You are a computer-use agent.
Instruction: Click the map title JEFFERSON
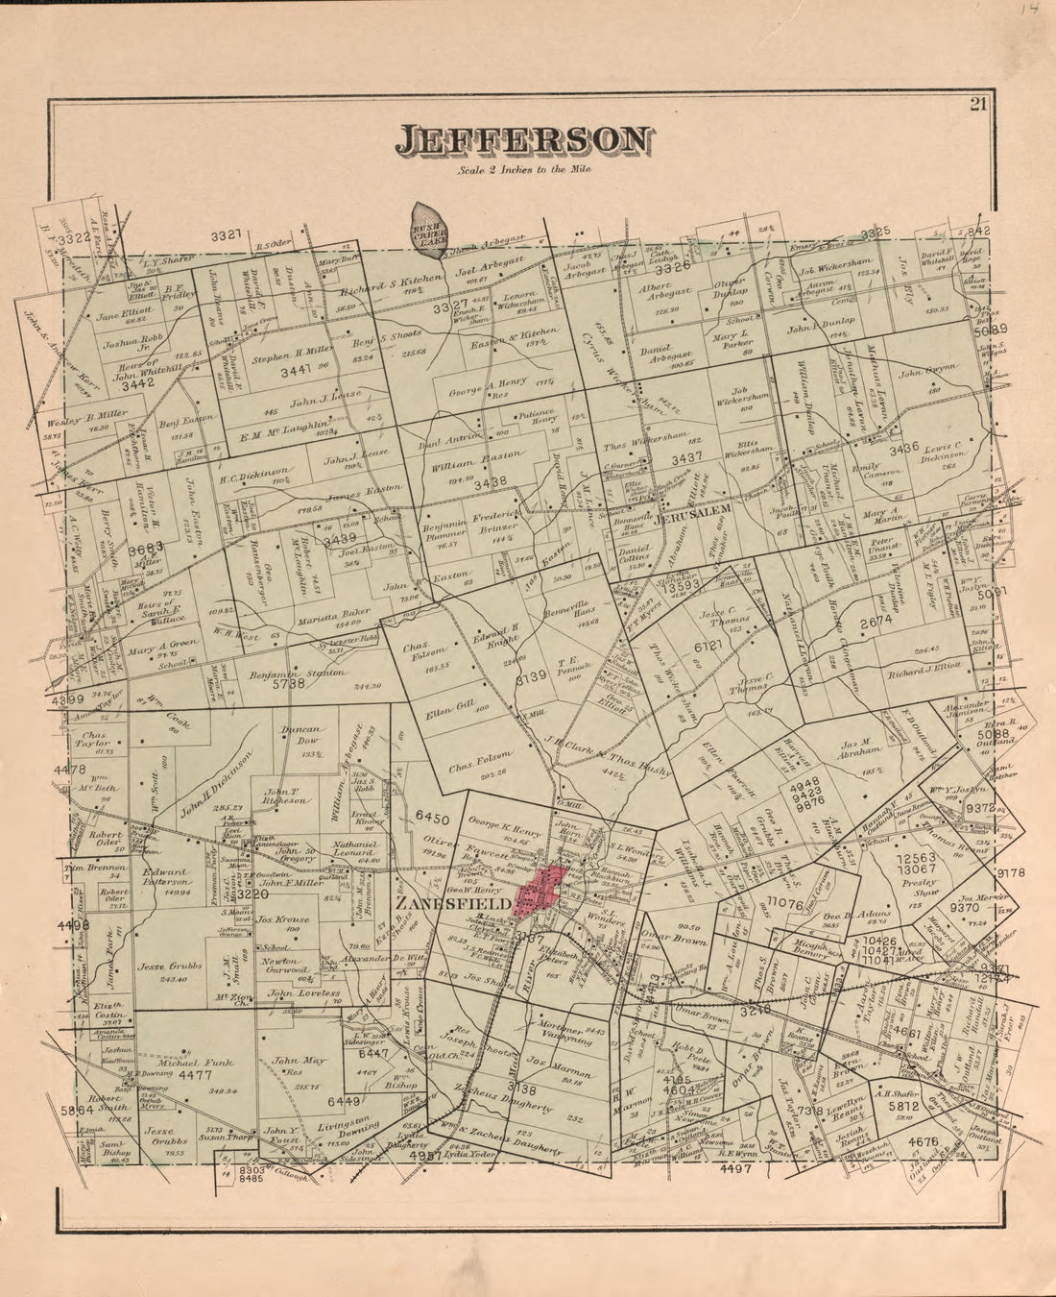pyautogui.click(x=522, y=140)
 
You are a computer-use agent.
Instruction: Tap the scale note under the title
pyautogui.click(x=525, y=169)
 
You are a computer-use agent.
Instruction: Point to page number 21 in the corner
pyautogui.click(x=977, y=106)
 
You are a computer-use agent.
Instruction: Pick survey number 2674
pyautogui.click(x=876, y=622)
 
